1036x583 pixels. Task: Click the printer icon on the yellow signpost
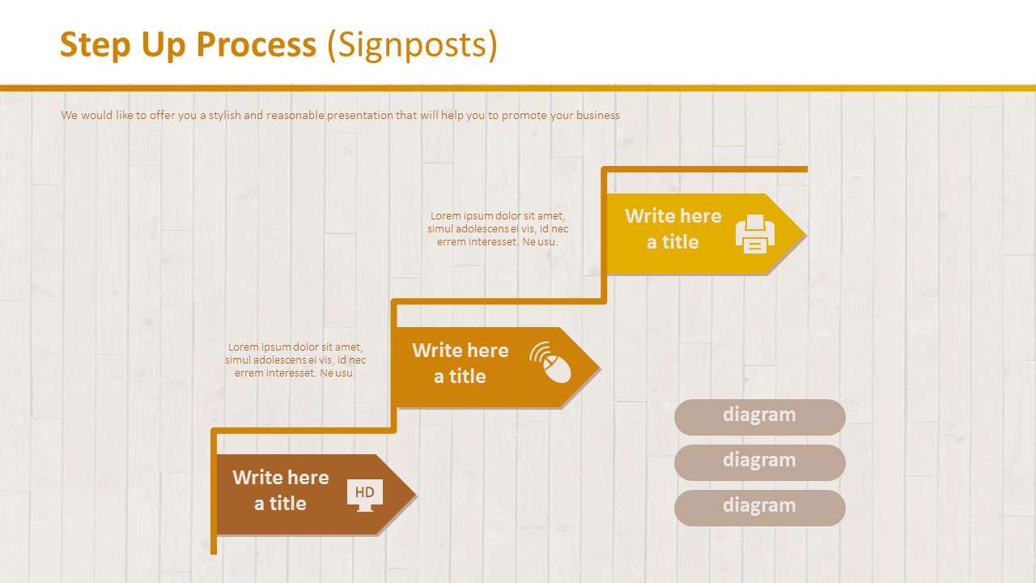click(x=754, y=234)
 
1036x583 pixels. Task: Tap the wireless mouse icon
click(x=552, y=363)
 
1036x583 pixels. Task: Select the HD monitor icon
click(x=364, y=494)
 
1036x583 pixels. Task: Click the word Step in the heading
click(x=96, y=45)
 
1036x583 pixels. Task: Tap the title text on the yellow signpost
click(x=673, y=228)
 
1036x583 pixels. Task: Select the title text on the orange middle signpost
click(x=460, y=363)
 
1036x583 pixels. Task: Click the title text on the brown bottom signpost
click(x=280, y=490)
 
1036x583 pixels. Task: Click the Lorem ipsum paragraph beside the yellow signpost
click(x=497, y=228)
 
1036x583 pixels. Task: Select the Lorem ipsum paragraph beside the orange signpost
click(x=295, y=360)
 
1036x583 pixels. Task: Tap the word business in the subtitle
click(x=598, y=116)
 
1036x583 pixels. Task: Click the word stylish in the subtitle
click(x=224, y=116)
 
